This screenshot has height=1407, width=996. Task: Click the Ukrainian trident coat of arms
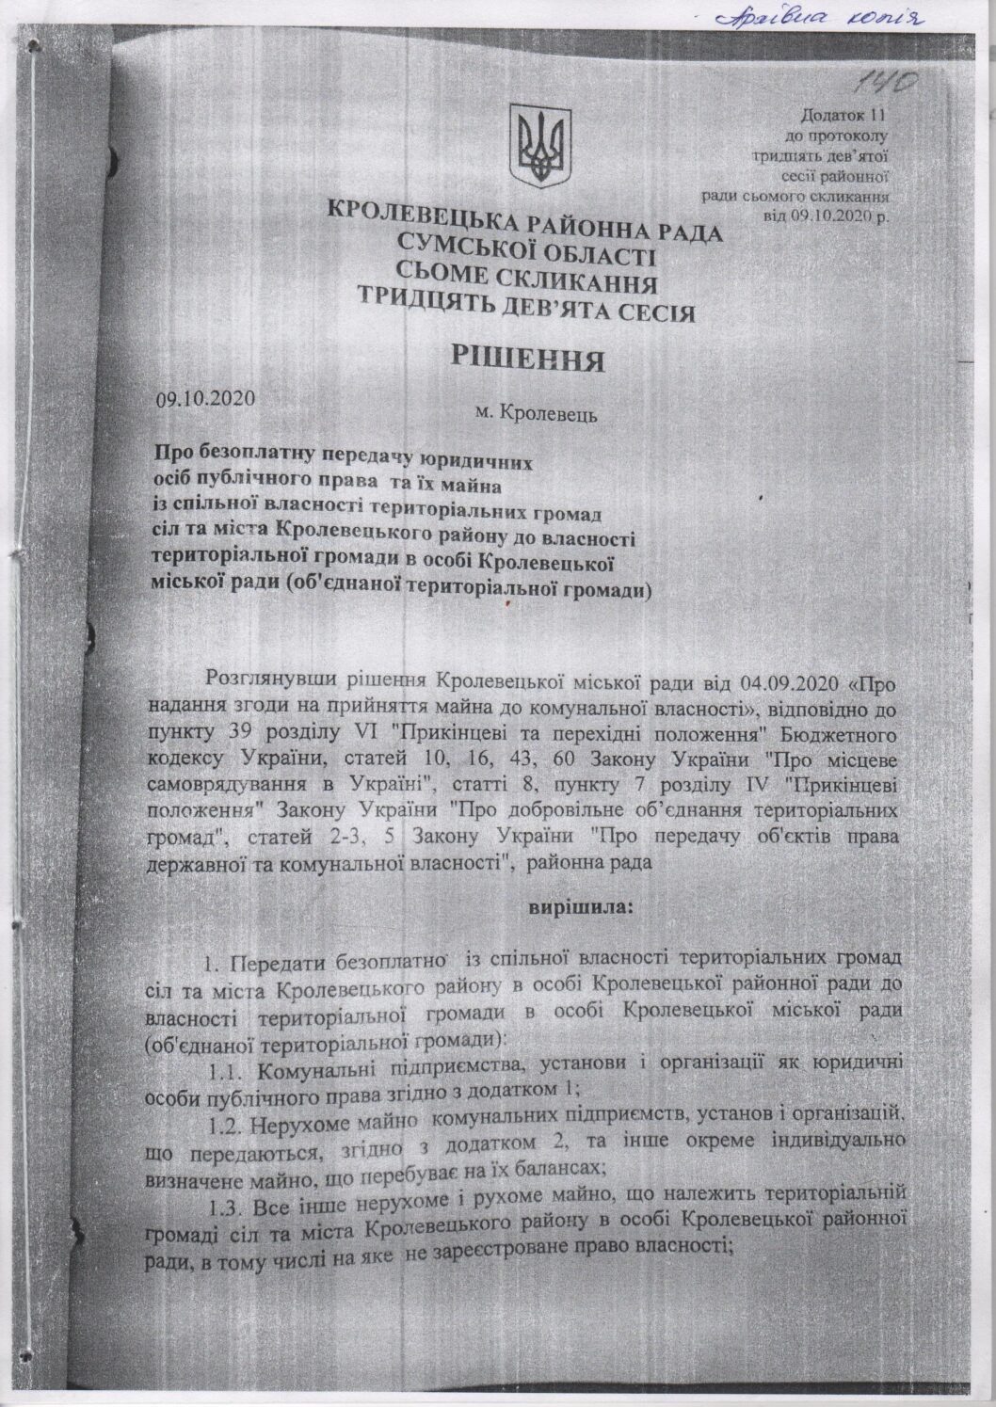click(539, 149)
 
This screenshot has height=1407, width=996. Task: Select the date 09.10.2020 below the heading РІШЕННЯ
click(206, 398)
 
